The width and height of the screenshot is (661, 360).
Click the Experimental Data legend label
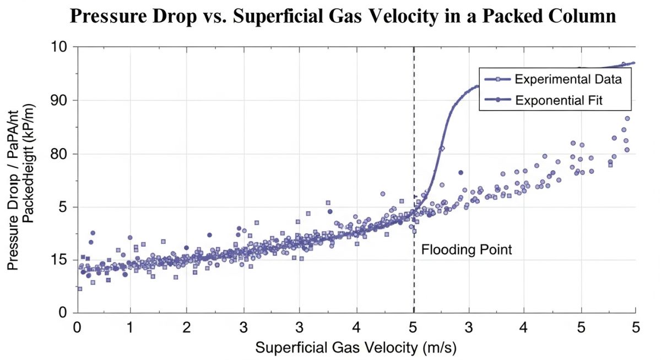(568, 79)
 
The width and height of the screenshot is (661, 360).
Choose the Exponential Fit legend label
(557, 100)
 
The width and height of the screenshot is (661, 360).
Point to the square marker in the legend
(498, 79)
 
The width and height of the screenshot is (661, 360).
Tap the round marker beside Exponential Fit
(498, 100)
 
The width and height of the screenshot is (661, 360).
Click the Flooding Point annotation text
(467, 250)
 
